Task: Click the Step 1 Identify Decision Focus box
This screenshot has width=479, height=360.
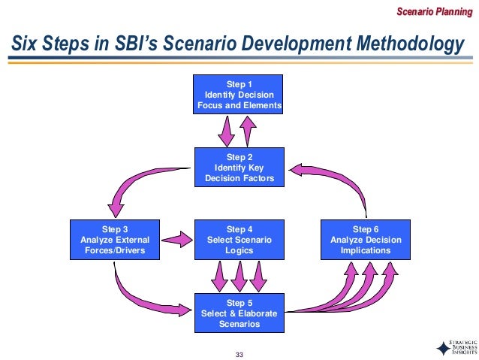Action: (x=239, y=94)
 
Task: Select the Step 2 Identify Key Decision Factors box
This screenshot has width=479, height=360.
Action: (x=239, y=167)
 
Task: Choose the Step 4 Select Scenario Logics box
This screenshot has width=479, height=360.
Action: (x=239, y=240)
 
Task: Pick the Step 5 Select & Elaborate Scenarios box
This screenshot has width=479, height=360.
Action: (x=239, y=313)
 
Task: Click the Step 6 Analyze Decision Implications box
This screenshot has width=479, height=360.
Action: (x=366, y=240)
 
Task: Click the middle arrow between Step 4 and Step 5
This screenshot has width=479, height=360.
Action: (x=239, y=276)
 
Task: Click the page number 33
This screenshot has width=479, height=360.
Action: (x=239, y=354)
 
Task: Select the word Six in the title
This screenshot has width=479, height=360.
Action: (x=23, y=45)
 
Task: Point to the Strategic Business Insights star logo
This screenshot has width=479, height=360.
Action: (x=443, y=348)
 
